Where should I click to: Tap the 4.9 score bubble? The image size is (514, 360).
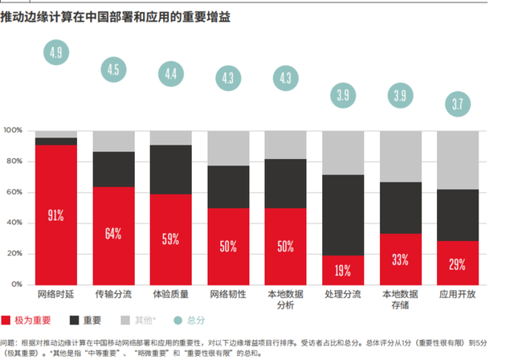pos(55,54)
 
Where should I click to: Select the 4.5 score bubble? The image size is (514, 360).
pos(112,69)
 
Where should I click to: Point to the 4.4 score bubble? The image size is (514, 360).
pos(170,74)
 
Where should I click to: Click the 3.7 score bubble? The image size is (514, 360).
pos(459,104)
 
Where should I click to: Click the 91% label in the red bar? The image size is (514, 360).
pos(55,215)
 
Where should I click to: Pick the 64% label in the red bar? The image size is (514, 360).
pos(112,234)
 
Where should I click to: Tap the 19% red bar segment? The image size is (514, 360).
pos(343,270)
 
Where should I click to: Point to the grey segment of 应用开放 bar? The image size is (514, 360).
pos(459,160)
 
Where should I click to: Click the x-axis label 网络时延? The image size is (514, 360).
pos(55,295)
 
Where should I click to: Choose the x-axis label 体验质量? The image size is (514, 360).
pos(170,295)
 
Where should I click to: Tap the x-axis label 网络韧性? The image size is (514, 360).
pos(228,295)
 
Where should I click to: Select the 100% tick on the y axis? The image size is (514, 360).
pos(14,130)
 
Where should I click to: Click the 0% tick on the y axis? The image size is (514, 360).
pos(19,284)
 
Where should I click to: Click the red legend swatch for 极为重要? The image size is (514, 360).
pos(7,321)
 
